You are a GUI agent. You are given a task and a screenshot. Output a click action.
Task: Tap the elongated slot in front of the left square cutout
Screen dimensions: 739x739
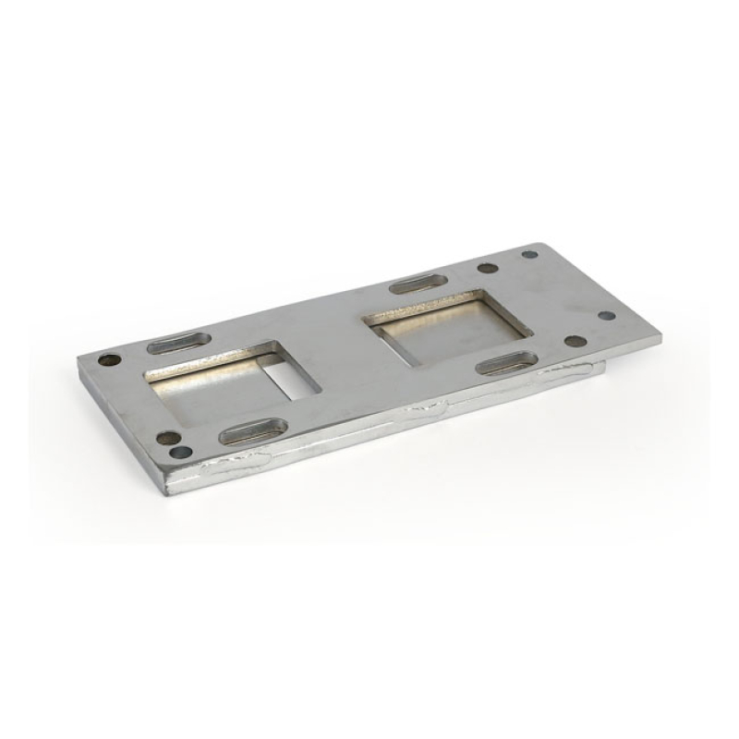tap(252, 430)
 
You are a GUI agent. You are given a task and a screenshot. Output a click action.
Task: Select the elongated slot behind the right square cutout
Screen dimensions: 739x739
tap(418, 283)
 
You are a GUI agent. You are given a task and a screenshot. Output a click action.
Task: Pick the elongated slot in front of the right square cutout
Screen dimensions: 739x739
tap(506, 362)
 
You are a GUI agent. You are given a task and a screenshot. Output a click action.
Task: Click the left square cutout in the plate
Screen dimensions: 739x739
tap(231, 379)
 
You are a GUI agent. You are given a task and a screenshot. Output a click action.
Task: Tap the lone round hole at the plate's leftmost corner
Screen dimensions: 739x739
tap(109, 360)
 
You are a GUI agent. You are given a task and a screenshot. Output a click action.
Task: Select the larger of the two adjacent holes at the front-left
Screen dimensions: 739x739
tap(167, 438)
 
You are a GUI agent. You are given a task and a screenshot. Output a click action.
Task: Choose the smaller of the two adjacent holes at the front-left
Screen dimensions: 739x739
tap(182, 453)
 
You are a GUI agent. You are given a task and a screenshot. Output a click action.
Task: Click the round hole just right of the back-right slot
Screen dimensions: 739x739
tap(488, 269)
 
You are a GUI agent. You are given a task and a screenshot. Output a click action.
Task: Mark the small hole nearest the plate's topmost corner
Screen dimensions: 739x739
tap(529, 254)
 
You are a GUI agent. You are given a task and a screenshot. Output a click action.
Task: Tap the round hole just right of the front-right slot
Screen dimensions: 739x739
tap(575, 341)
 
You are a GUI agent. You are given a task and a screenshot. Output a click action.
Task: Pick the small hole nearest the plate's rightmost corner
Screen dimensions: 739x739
tap(607, 315)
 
